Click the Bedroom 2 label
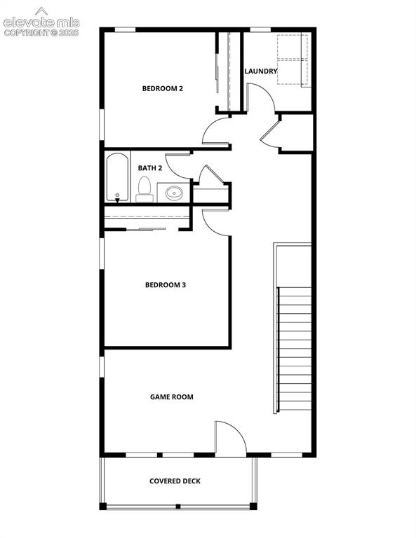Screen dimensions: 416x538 [163, 88]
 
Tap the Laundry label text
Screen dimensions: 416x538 [261, 71]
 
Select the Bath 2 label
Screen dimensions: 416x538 [149, 168]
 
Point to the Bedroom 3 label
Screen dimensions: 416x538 [166, 285]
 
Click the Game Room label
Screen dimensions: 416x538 [171, 397]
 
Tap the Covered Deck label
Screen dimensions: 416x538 [175, 481]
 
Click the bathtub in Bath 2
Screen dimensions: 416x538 [117, 177]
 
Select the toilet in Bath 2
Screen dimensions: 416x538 [145, 189]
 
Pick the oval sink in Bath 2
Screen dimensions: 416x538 [174, 193]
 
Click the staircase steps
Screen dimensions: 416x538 [295, 349]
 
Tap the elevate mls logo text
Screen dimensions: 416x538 [41, 22]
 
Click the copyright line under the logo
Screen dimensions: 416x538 [41, 33]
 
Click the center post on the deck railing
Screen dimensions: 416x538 [178, 506]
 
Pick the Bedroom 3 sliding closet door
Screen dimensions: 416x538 [146, 229]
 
